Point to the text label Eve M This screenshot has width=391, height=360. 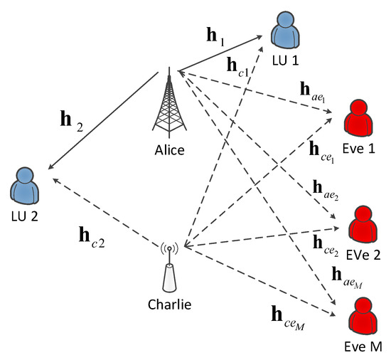[x=363, y=349]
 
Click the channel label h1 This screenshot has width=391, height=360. [x=216, y=36]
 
